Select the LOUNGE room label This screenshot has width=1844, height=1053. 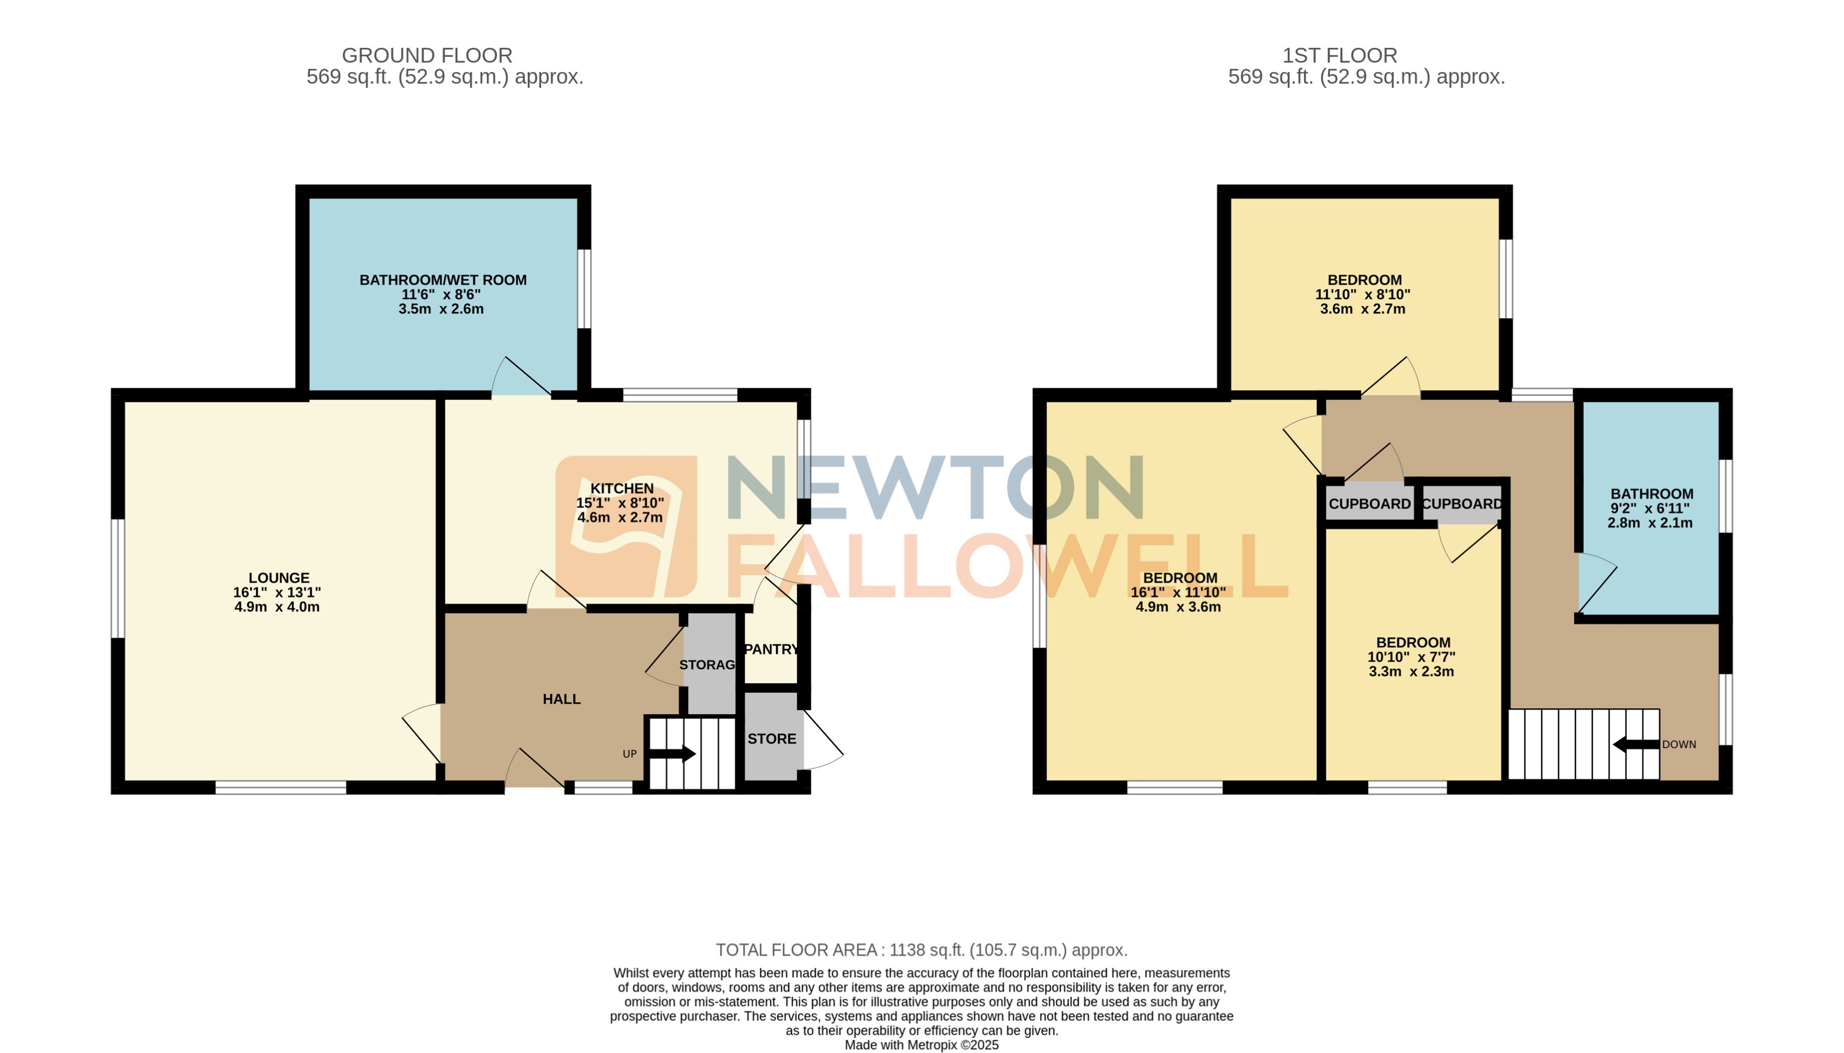point(278,578)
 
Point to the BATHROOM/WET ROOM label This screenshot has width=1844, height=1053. point(443,280)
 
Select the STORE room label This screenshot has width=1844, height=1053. point(772,739)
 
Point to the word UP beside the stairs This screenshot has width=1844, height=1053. point(629,754)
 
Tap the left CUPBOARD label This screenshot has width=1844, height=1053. point(1369,504)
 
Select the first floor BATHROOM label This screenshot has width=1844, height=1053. point(1652,494)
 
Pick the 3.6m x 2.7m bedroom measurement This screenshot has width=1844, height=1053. point(1362,309)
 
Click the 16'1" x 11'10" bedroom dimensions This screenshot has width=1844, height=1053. point(1178,592)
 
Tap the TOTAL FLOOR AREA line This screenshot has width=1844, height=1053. point(921,950)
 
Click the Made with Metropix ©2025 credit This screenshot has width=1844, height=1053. point(921,1045)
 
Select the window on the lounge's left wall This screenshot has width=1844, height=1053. point(117,578)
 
